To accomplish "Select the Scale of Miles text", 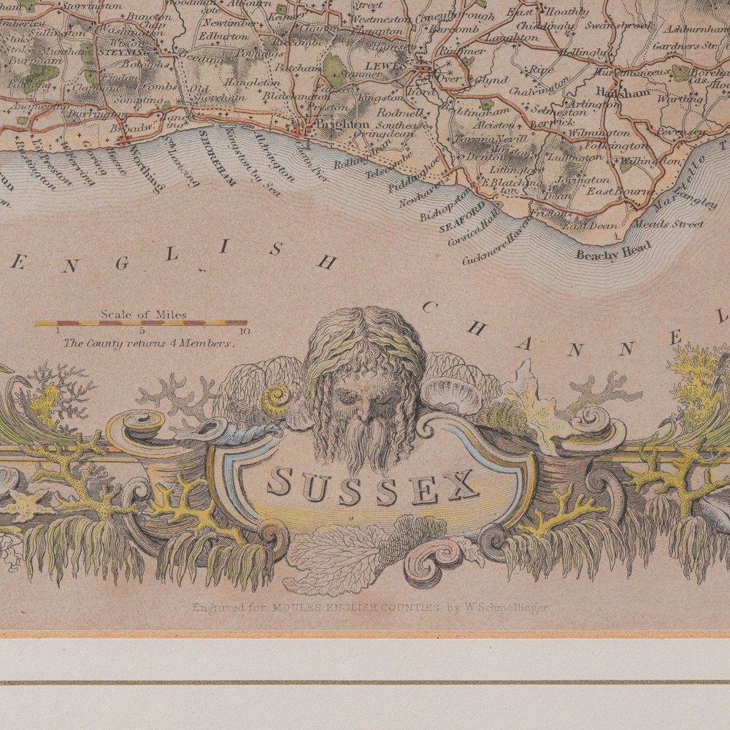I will (144, 315).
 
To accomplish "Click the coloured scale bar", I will (141, 323).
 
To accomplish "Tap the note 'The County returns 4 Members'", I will (149, 342).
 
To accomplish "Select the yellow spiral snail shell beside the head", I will (275, 401).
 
